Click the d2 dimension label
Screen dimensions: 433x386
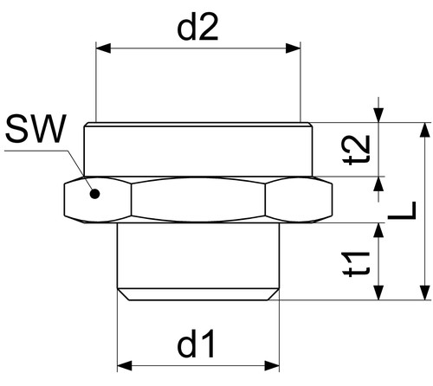pos(197,27)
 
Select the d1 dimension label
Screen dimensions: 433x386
pos(197,344)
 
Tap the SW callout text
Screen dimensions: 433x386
pos(36,129)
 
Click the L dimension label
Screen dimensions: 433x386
pos(402,210)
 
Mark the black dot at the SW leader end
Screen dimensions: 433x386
pos(94,194)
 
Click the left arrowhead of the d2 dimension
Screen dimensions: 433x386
pos(103,48)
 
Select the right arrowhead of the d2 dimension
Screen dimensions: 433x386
pos(293,48)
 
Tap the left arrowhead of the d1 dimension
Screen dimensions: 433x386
pos(125,365)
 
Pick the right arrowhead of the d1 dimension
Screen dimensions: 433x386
pos(272,365)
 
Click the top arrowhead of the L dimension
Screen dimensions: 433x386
pos(424,130)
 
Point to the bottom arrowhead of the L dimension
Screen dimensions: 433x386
pos(424,293)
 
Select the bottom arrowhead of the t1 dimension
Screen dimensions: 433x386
pos(378,293)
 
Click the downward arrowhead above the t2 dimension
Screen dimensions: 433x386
pos(378,115)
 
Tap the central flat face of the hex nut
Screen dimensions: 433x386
pos(198,199)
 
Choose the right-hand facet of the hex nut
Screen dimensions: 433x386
pos(299,199)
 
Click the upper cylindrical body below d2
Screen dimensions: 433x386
pos(198,149)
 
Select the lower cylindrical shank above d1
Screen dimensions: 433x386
pos(198,255)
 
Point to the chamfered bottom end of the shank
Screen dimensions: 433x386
pos(198,294)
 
